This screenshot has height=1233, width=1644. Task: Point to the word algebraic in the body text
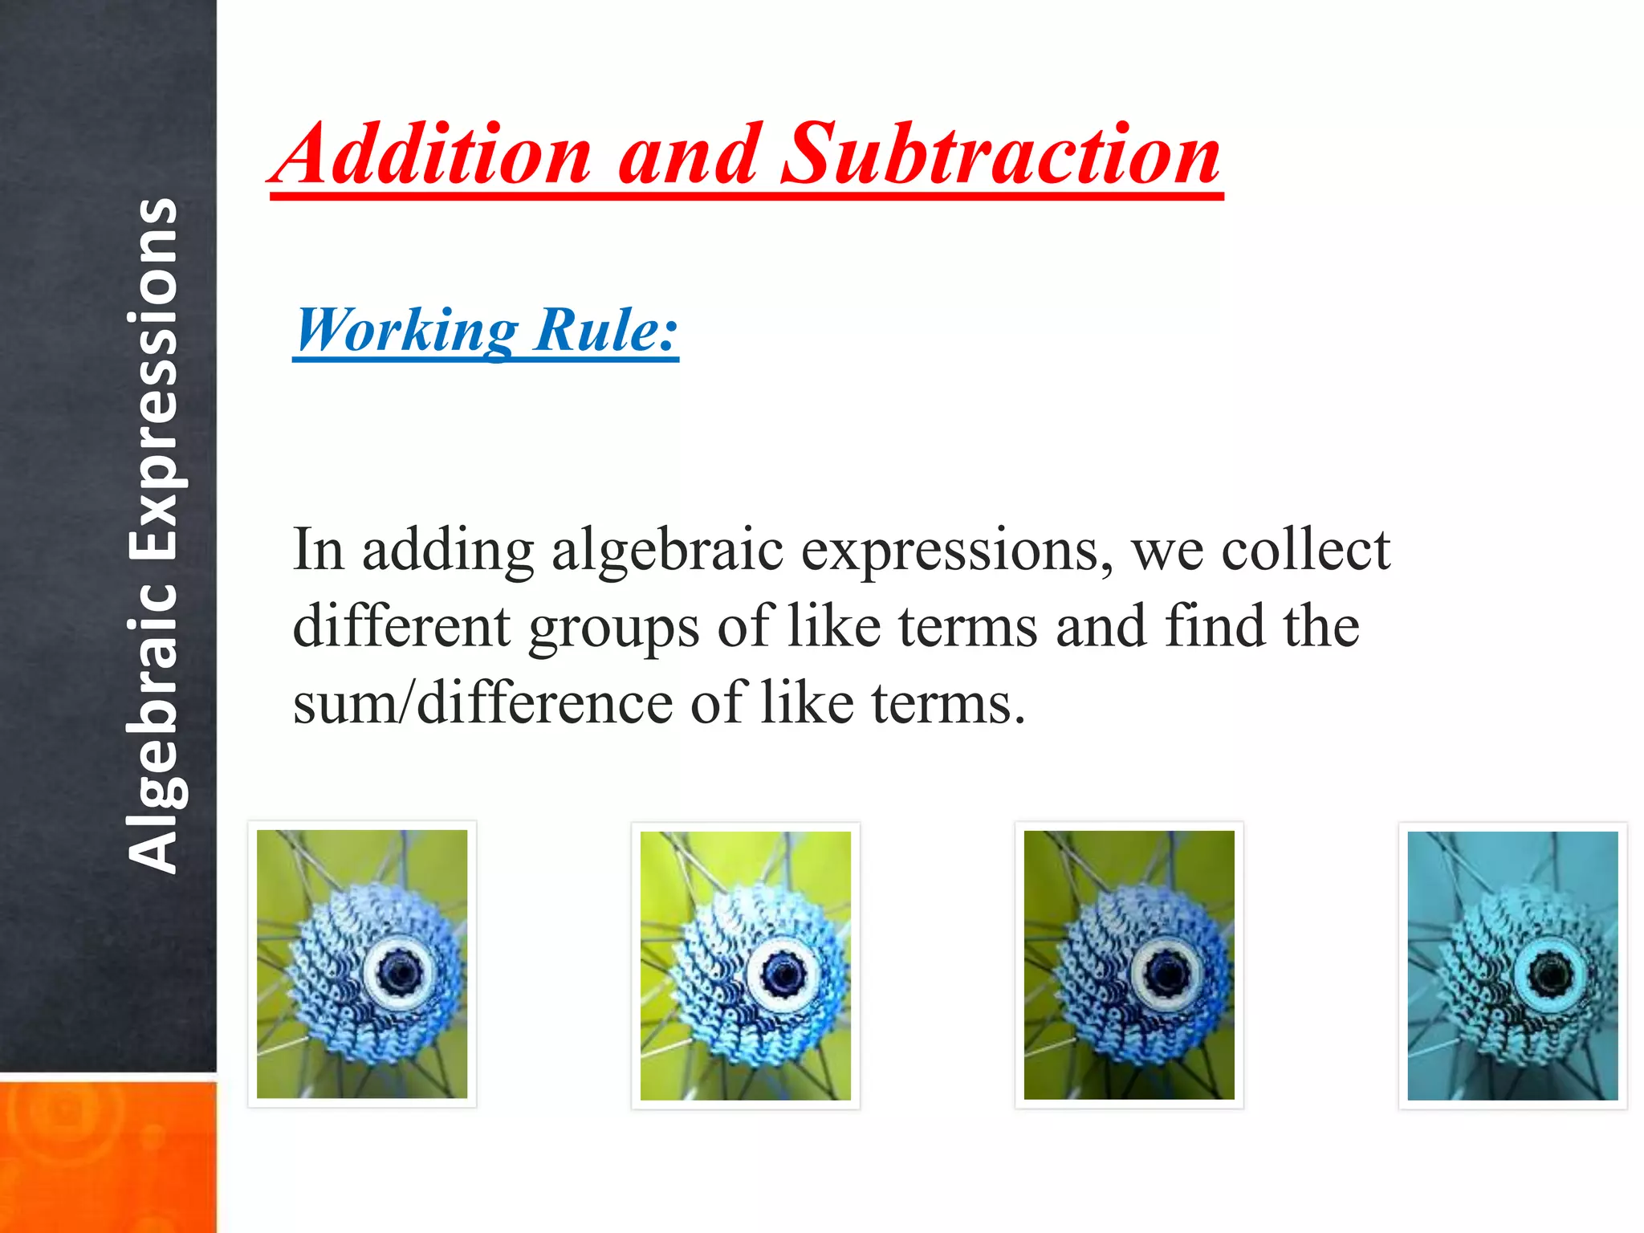tap(667, 551)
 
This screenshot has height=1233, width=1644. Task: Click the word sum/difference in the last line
tap(482, 703)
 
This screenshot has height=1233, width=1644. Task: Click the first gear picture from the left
tap(362, 964)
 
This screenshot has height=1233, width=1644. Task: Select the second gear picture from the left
tap(746, 965)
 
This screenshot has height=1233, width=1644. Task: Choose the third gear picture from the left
tap(1129, 965)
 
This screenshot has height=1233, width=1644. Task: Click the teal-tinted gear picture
tap(1513, 966)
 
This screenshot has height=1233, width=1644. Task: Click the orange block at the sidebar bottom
tap(108, 1156)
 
